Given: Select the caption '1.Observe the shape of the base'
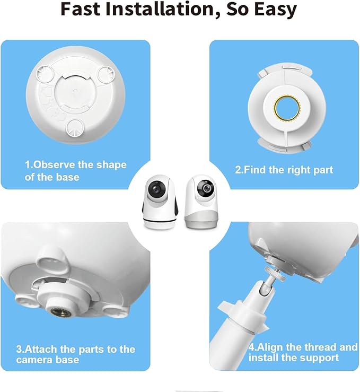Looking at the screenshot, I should click(x=75, y=170).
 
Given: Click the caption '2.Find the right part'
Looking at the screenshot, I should click(x=284, y=170).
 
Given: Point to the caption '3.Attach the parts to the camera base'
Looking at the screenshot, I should click(x=75, y=354).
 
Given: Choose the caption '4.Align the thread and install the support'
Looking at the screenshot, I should click(x=303, y=352).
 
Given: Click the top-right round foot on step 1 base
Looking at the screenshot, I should click(x=104, y=74).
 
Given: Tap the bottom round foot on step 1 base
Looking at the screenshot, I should click(x=76, y=128).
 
